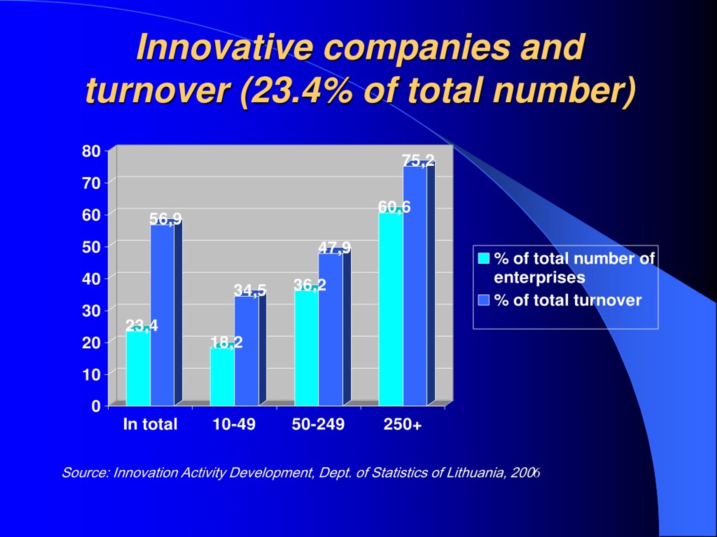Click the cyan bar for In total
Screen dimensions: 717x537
click(138, 368)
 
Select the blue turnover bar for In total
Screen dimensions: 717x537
click(162, 315)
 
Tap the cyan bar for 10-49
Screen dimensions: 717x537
click(222, 377)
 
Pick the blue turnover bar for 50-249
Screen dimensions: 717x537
click(330, 329)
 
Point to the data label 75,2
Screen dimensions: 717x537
click(418, 160)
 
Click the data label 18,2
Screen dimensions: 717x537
click(226, 342)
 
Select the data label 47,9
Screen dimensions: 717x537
click(334, 248)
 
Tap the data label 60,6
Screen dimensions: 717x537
click(394, 207)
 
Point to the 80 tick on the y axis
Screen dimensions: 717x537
click(91, 151)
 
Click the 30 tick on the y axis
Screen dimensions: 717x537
click(91, 311)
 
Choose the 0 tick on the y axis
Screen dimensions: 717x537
click(96, 406)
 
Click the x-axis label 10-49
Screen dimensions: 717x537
click(234, 424)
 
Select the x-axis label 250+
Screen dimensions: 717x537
click(402, 424)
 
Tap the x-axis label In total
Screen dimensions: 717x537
click(150, 424)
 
